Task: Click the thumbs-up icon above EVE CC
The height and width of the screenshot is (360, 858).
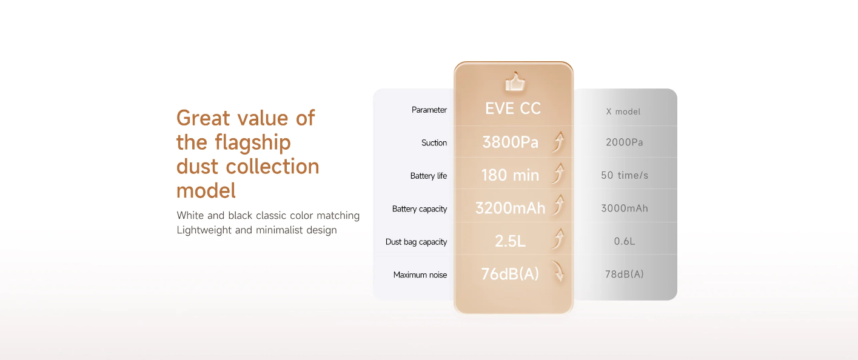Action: pyautogui.click(x=515, y=82)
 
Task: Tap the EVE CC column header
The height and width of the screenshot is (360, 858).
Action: pyautogui.click(x=513, y=108)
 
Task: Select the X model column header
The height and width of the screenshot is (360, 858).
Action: pyautogui.click(x=623, y=112)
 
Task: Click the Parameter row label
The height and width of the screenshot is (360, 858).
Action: pyautogui.click(x=429, y=110)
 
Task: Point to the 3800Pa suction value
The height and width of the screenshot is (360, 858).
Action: pyautogui.click(x=510, y=142)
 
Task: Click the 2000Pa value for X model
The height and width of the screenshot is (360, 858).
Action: pyautogui.click(x=625, y=142)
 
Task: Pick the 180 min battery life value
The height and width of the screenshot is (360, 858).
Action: pyautogui.click(x=510, y=175)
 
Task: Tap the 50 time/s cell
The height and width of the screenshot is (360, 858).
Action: pyautogui.click(x=625, y=175)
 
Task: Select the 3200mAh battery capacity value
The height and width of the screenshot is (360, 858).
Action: pyautogui.click(x=510, y=208)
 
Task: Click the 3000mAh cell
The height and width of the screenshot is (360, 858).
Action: pyautogui.click(x=625, y=208)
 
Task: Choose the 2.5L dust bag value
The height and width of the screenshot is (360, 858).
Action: pyautogui.click(x=510, y=241)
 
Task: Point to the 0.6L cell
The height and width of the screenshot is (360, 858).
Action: pyautogui.click(x=625, y=241)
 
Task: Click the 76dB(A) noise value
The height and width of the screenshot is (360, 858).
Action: pyautogui.click(x=510, y=274)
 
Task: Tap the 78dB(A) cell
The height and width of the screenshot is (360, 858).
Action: pyautogui.click(x=625, y=274)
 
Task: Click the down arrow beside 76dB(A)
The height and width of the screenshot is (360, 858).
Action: pyautogui.click(x=558, y=271)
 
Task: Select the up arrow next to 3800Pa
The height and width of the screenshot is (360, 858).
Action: pyautogui.click(x=558, y=142)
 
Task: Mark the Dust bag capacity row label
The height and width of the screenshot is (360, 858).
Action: pyautogui.click(x=416, y=242)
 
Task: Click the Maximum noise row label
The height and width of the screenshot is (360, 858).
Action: pyautogui.click(x=420, y=275)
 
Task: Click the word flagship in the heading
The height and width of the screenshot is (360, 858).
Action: pyautogui.click(x=252, y=143)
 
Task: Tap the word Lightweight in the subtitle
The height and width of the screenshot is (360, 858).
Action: pyautogui.click(x=204, y=230)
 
